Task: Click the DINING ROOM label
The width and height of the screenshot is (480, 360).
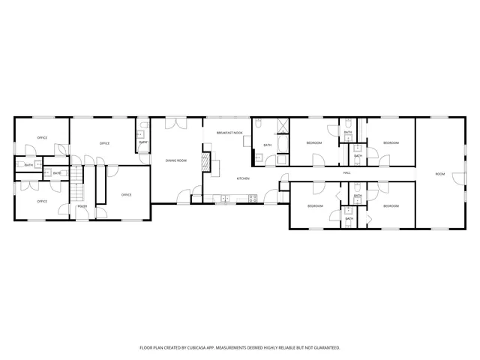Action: (176, 160)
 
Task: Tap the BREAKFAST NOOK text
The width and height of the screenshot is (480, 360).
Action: (229, 133)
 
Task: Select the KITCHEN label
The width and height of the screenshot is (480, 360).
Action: (243, 178)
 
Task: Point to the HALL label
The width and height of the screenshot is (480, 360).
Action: (347, 173)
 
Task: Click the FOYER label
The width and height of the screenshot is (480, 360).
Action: (82, 206)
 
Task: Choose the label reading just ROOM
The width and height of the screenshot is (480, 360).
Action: (440, 174)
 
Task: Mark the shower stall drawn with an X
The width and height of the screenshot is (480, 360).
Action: (282, 125)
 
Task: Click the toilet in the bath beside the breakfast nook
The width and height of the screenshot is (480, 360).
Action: (259, 157)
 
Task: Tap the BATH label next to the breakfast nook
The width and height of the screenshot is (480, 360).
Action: (267, 145)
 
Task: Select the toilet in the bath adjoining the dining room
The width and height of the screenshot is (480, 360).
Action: (142, 134)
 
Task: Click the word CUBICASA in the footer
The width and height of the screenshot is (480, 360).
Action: (211, 348)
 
